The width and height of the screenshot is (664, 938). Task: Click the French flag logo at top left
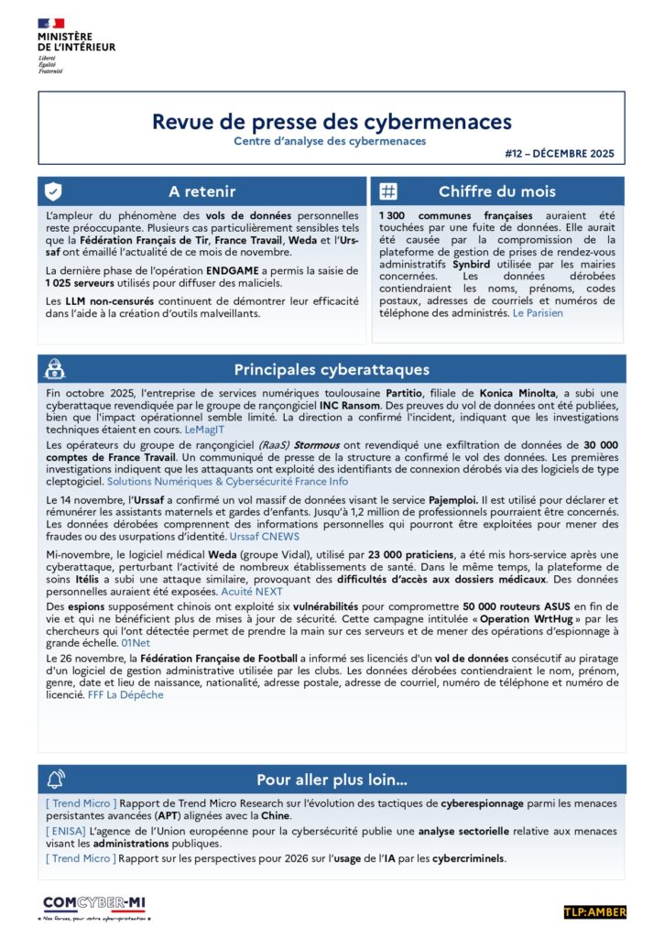pos(51,23)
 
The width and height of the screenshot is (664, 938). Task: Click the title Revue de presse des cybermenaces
pos(332,122)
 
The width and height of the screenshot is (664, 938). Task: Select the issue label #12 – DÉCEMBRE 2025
pos(559,154)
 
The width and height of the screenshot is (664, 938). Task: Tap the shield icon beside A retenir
pos(54,191)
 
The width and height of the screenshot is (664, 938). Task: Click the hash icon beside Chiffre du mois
pos(388,191)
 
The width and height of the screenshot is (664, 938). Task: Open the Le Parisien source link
pos(538,313)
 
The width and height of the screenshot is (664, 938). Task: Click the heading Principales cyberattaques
pos(332,369)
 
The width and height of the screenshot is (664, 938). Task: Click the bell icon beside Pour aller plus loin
pos(54,780)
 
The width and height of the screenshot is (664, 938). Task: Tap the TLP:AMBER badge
pos(593,912)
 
